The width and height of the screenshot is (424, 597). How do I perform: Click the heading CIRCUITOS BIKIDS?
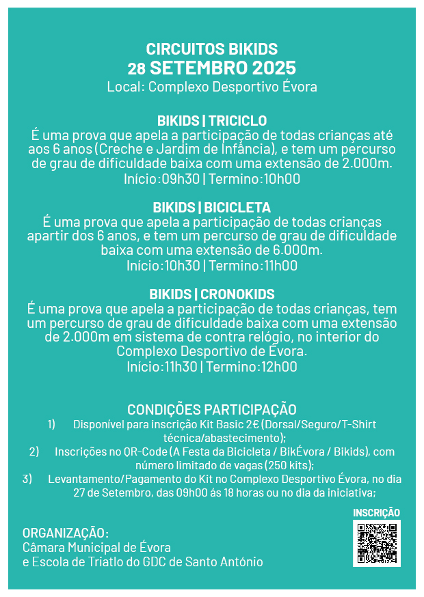pyautogui.click(x=212, y=49)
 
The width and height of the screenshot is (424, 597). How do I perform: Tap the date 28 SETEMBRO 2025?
pyautogui.click(x=212, y=68)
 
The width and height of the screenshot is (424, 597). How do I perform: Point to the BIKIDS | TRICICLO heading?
pyautogui.click(x=212, y=121)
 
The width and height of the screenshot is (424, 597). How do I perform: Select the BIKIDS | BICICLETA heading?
pyautogui.click(x=212, y=208)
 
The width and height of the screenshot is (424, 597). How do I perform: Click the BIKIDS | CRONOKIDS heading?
pyautogui.click(x=212, y=294)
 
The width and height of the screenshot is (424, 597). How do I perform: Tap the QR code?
pyautogui.click(x=376, y=542)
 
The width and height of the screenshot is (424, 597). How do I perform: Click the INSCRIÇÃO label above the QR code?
pyautogui.click(x=376, y=512)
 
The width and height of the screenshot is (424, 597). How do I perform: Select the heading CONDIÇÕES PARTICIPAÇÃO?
pyautogui.click(x=212, y=409)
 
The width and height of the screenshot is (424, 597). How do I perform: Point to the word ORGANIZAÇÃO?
pyautogui.click(x=65, y=533)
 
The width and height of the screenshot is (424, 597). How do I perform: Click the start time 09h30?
pyautogui.click(x=183, y=180)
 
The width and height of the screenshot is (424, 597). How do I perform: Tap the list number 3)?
pyautogui.click(x=27, y=479)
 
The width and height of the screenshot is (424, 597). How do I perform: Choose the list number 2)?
pyautogui.click(x=34, y=452)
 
